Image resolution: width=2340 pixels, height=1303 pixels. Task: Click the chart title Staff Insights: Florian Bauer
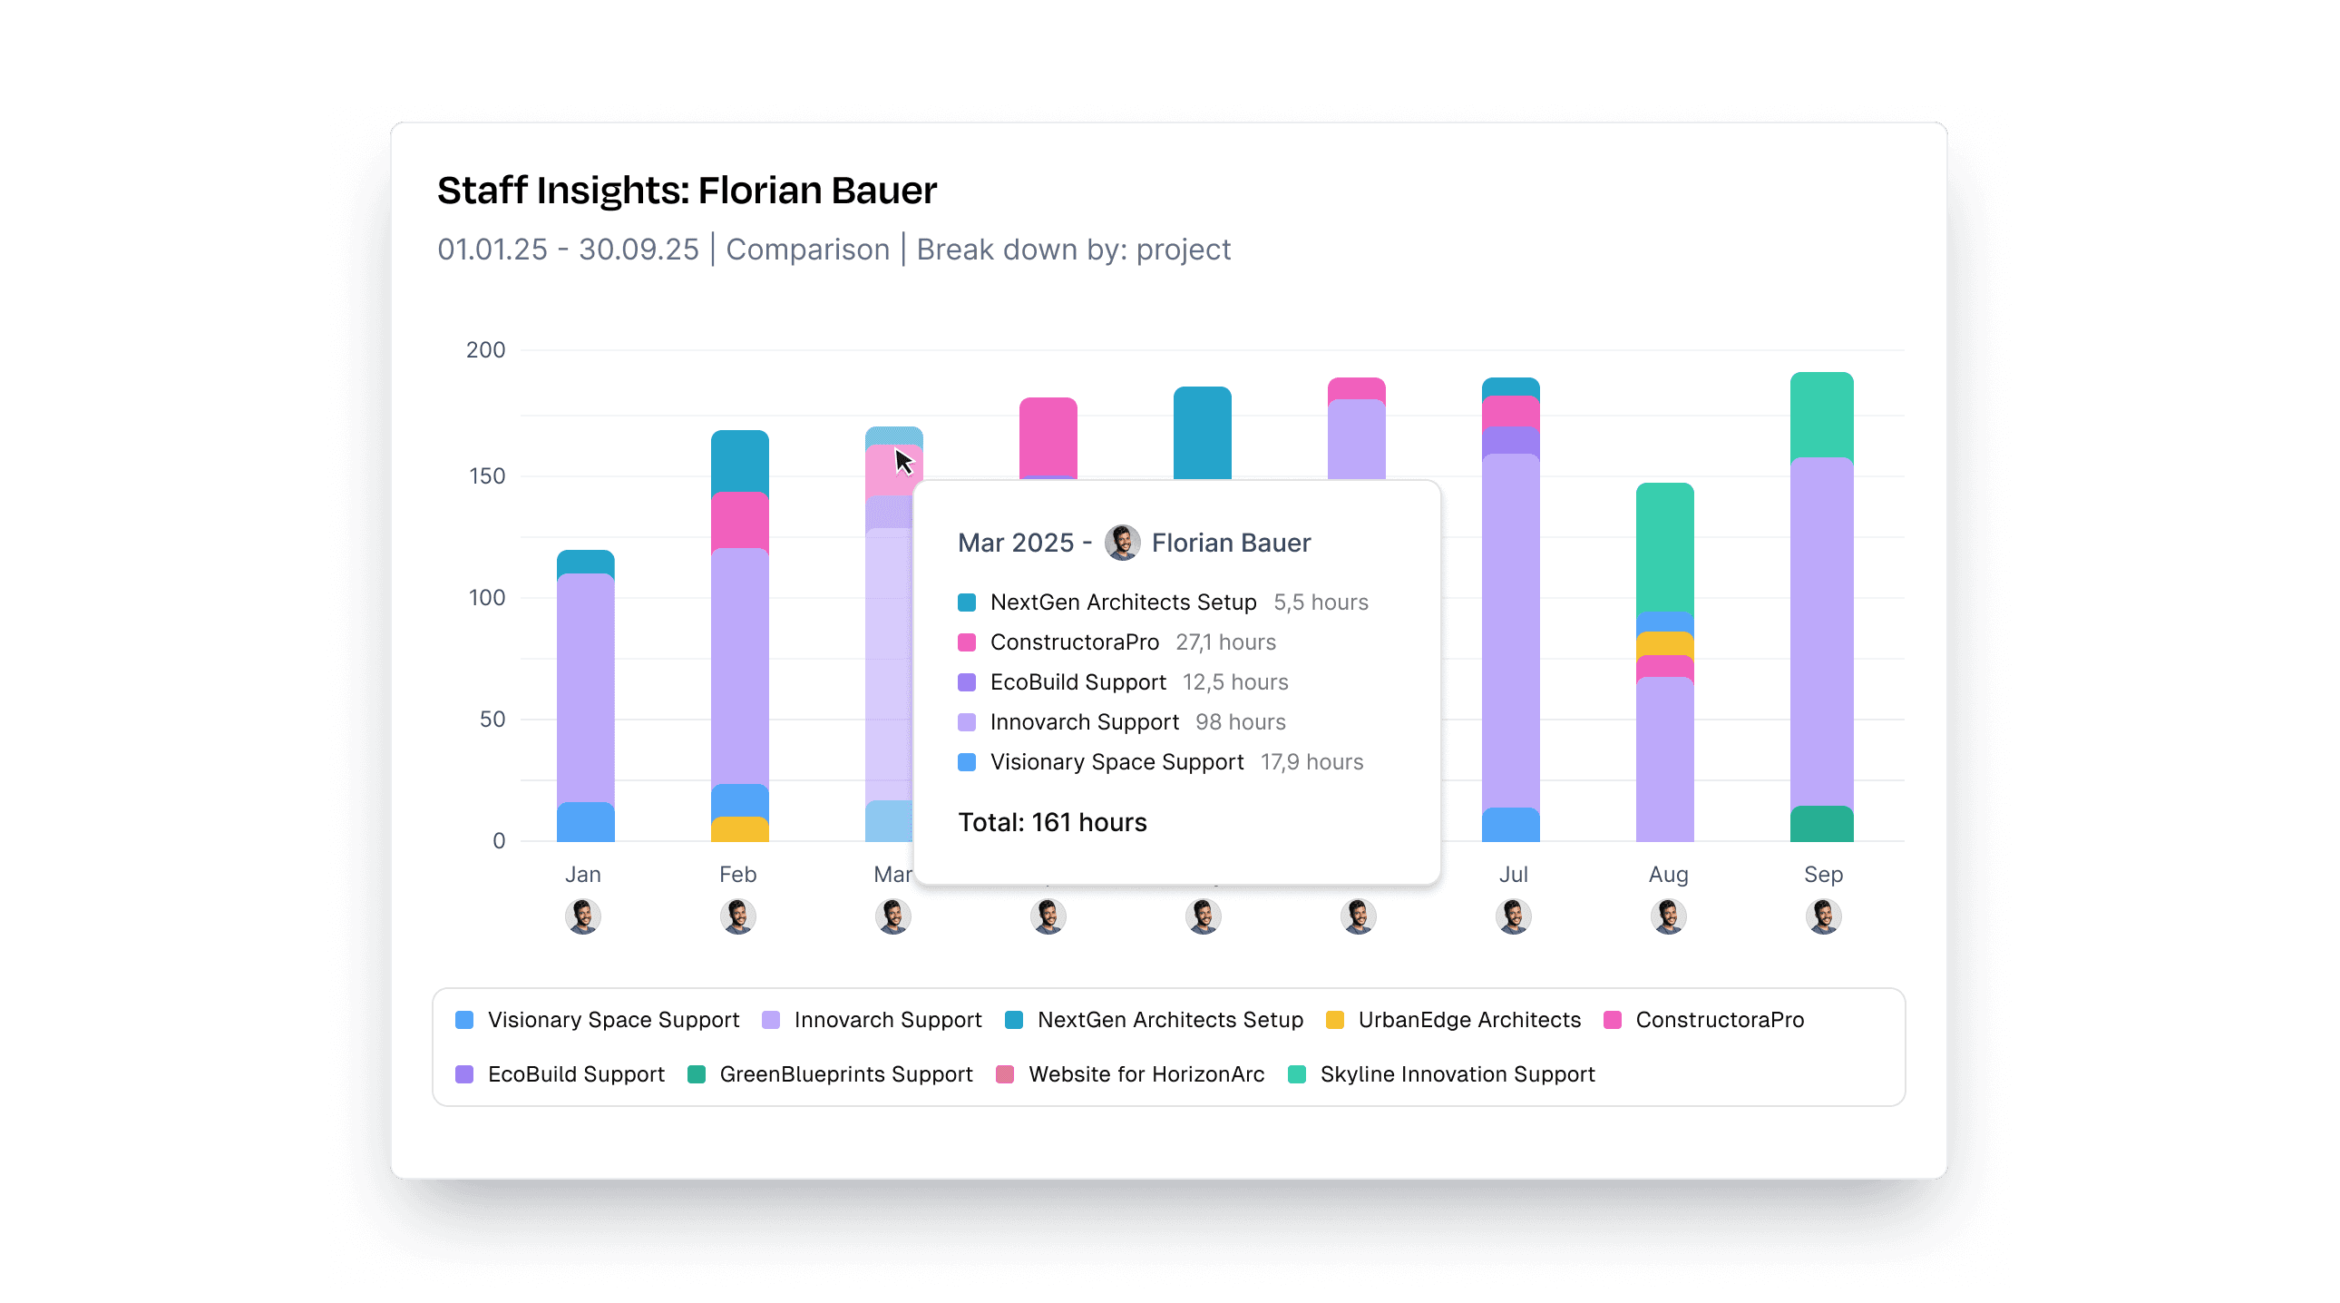pyautogui.click(x=686, y=191)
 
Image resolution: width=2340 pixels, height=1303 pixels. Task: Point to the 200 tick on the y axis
pyautogui.click(x=485, y=350)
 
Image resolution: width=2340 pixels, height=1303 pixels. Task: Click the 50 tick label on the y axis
pyautogui.click(x=492, y=719)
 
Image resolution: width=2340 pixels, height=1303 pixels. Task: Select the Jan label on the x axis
pyautogui.click(x=583, y=874)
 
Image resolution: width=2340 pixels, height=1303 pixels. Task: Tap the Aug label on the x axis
pyautogui.click(x=1668, y=874)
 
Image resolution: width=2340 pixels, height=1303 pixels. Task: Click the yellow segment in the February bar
pyautogui.click(x=739, y=829)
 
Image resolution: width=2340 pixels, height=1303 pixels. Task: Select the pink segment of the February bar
pyautogui.click(x=739, y=521)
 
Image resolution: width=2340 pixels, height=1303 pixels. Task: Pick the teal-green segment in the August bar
pyautogui.click(x=1664, y=548)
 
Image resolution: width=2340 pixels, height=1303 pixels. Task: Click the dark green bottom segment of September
pyautogui.click(x=1821, y=824)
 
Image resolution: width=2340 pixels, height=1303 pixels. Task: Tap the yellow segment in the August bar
pyautogui.click(x=1664, y=643)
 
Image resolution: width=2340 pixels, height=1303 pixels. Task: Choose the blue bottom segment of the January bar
pyautogui.click(x=585, y=821)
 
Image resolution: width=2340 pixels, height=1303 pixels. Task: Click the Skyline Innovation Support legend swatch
pyautogui.click(x=1297, y=1074)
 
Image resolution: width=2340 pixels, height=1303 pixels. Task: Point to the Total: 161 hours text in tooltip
pyautogui.click(x=1052, y=822)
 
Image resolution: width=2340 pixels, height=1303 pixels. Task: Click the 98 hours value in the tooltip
pyautogui.click(x=1240, y=722)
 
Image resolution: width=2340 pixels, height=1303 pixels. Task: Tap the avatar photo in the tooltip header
pyautogui.click(x=1122, y=543)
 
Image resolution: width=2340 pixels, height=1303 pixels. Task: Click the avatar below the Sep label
pyautogui.click(x=1823, y=916)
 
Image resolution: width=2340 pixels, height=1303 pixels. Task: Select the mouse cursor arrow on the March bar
pyautogui.click(x=903, y=461)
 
